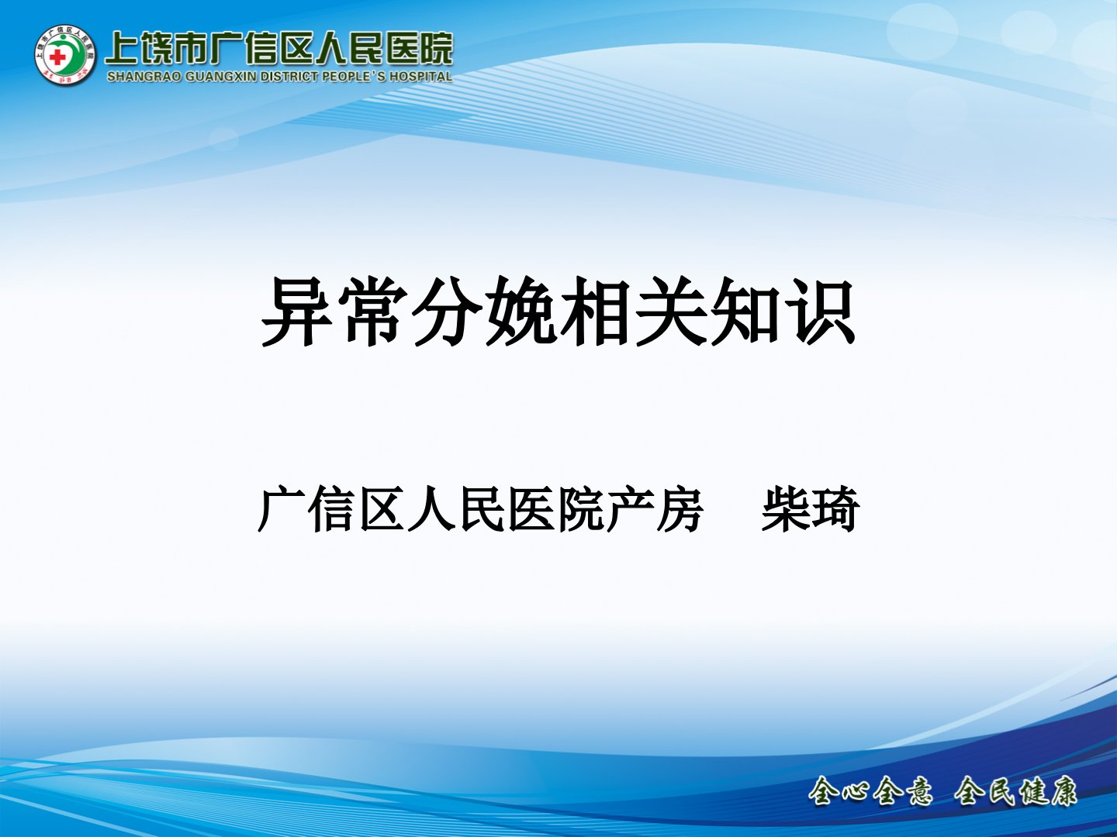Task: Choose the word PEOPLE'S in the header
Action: pyautogui.click(x=354, y=77)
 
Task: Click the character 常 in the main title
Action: pyautogui.click(x=374, y=312)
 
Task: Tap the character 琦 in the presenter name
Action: pyautogui.click(x=835, y=508)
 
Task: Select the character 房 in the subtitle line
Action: pyautogui.click(x=680, y=508)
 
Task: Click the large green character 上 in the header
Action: pyautogui.click(x=122, y=49)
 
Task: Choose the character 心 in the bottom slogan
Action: pyautogui.click(x=856, y=791)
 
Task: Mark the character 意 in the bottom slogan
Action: pyautogui.click(x=916, y=791)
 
